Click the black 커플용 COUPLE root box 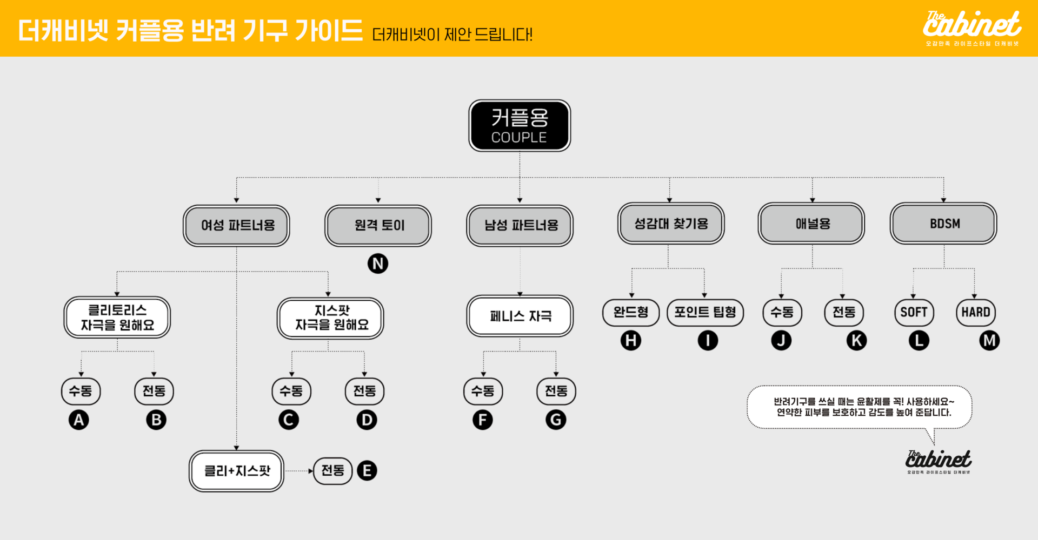pyautogui.click(x=519, y=125)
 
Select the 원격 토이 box pyautogui.click(x=378, y=225)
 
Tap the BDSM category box pyautogui.click(x=943, y=223)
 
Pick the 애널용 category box pyautogui.click(x=811, y=223)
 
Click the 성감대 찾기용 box pyautogui.click(x=670, y=223)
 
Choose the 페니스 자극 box pyautogui.click(x=520, y=316)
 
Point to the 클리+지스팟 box pyautogui.click(x=236, y=471)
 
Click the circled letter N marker pyautogui.click(x=378, y=264)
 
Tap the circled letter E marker pyautogui.click(x=367, y=470)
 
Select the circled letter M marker pyautogui.click(x=989, y=340)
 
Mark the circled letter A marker pyautogui.click(x=79, y=420)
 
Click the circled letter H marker pyautogui.click(x=630, y=340)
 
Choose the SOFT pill pyautogui.click(x=914, y=312)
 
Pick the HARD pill pyautogui.click(x=975, y=312)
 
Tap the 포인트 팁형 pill pyautogui.click(x=705, y=312)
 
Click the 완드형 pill pyautogui.click(x=630, y=312)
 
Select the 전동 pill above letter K pyautogui.click(x=844, y=312)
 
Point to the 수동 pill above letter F pyautogui.click(x=483, y=391)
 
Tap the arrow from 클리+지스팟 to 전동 pyautogui.click(x=299, y=471)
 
